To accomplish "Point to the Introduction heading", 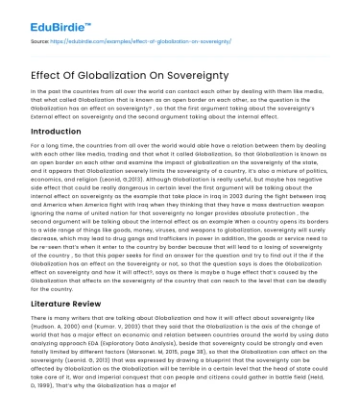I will tap(59, 130).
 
